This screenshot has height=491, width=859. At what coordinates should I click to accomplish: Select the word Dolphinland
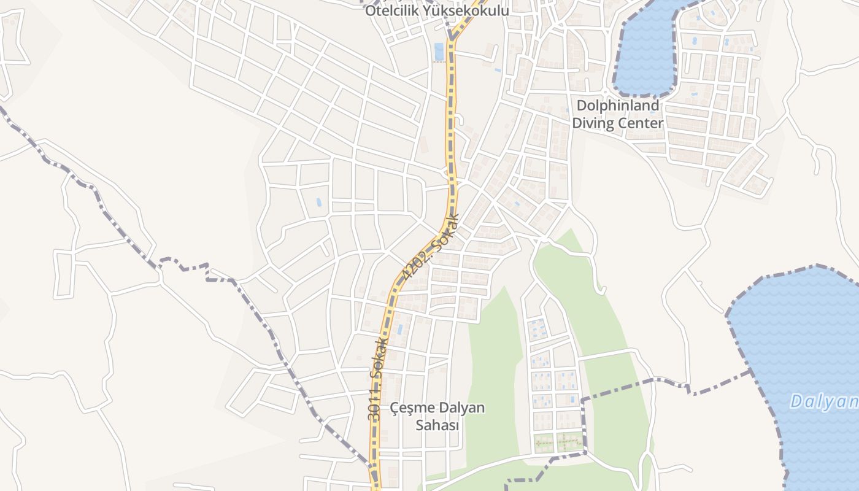click(x=618, y=106)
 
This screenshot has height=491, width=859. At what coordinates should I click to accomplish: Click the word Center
click(x=642, y=123)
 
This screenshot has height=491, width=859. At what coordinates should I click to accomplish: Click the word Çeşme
click(x=414, y=408)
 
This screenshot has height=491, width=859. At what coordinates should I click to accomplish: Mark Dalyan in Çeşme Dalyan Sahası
click(x=463, y=408)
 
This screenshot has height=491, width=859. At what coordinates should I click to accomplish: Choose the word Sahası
click(x=437, y=425)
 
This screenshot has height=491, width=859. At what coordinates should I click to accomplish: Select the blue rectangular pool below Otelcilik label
click(x=439, y=52)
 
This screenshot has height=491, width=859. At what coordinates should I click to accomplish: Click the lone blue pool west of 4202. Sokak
click(x=318, y=202)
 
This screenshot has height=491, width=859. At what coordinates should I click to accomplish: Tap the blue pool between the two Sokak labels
click(x=400, y=330)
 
